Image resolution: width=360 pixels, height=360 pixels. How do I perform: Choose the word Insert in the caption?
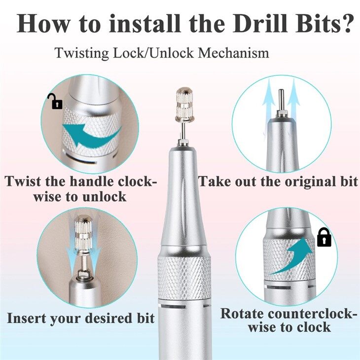[30, 318]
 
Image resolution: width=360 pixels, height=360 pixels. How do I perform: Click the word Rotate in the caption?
[244, 314]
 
